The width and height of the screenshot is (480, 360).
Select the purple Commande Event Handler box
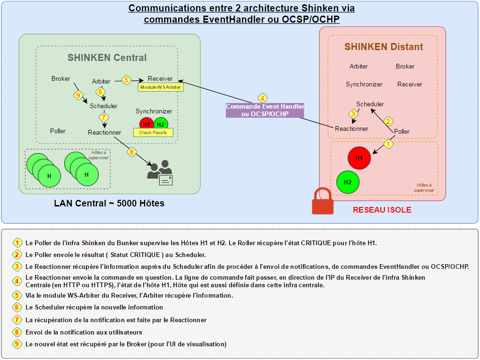click(265, 110)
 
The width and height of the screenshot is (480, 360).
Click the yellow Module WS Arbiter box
click(161, 87)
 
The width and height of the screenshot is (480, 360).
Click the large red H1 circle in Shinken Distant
click(359, 158)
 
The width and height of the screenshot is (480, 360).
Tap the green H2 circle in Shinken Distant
click(348, 182)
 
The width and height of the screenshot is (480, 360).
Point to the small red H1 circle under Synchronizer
click(146, 124)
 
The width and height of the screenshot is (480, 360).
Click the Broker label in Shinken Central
click(60, 79)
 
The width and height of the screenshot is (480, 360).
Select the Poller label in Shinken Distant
click(402, 131)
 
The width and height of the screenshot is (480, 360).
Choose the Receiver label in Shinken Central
click(160, 78)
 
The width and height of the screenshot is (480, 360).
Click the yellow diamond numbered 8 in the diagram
click(132, 152)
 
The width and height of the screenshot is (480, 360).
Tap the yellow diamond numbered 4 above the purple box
click(262, 98)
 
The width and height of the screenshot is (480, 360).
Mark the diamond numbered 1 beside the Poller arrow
click(388, 144)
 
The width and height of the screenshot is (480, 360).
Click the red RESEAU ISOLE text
click(382, 210)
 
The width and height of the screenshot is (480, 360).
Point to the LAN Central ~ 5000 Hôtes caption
click(109, 204)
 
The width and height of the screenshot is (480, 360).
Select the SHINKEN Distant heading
click(384, 47)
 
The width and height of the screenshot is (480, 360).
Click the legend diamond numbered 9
click(17, 344)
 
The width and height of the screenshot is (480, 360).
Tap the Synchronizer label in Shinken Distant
click(364, 84)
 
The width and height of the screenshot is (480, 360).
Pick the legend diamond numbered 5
click(17, 295)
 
